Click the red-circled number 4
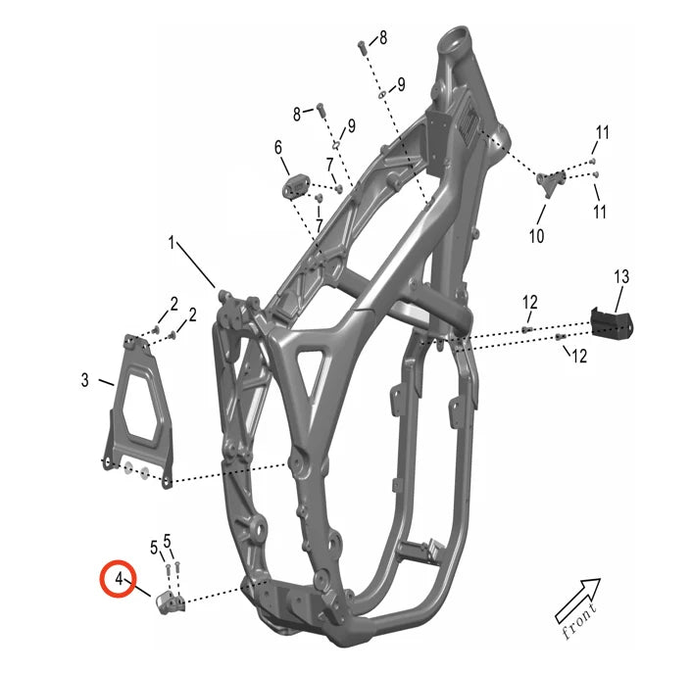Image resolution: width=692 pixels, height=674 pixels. [x=119, y=578]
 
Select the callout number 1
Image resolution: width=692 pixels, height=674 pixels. [x=172, y=243]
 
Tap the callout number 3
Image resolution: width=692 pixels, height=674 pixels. [x=84, y=380]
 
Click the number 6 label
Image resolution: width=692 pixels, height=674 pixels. [x=278, y=147]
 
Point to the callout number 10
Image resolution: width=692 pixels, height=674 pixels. [x=537, y=236]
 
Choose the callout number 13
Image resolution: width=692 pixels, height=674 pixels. [x=621, y=276]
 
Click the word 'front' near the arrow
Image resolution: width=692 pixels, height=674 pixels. [x=579, y=621]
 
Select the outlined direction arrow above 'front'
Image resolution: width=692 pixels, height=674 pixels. [x=578, y=601]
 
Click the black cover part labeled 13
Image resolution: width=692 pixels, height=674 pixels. [x=613, y=323]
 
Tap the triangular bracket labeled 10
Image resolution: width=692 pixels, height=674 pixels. [x=551, y=182]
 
